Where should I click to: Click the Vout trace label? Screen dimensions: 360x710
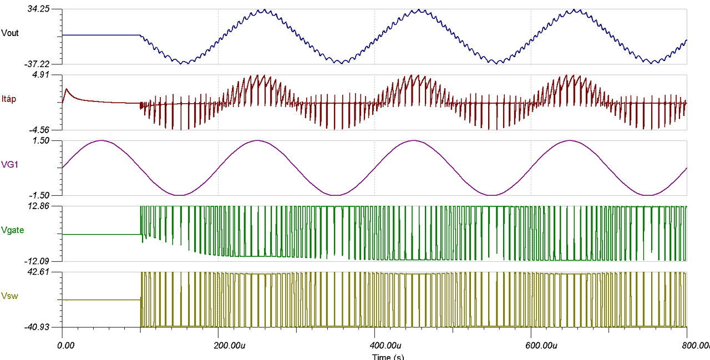(11, 33)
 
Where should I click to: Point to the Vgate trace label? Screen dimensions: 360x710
(13, 230)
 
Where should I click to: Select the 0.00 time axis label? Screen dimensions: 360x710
(65, 346)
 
